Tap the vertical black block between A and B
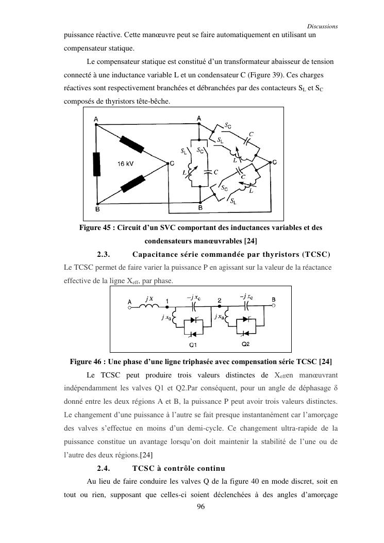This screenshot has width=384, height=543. point(96,164)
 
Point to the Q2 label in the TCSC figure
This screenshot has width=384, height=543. point(245,344)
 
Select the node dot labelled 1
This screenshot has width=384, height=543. point(168,306)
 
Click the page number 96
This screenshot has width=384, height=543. point(202,507)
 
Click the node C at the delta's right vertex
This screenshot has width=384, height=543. point(164,163)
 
